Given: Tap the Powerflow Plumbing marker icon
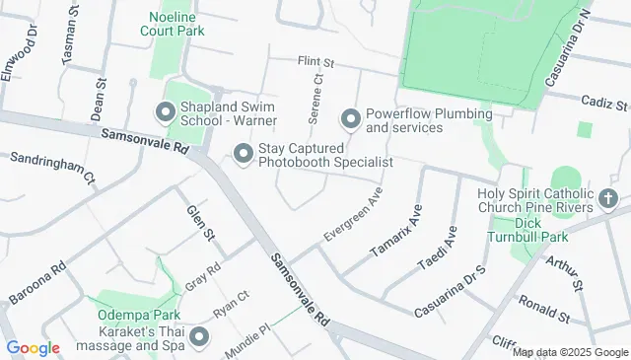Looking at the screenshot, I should [x=350, y=120].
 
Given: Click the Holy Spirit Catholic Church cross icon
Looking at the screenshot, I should [x=608, y=201].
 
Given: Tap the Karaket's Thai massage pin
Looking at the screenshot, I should [x=200, y=338].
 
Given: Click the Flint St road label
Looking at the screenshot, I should [x=315, y=62].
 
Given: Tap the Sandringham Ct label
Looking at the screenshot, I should [x=52, y=168].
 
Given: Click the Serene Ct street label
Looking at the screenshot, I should [x=315, y=99].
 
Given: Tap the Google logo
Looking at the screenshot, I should [x=33, y=347].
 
